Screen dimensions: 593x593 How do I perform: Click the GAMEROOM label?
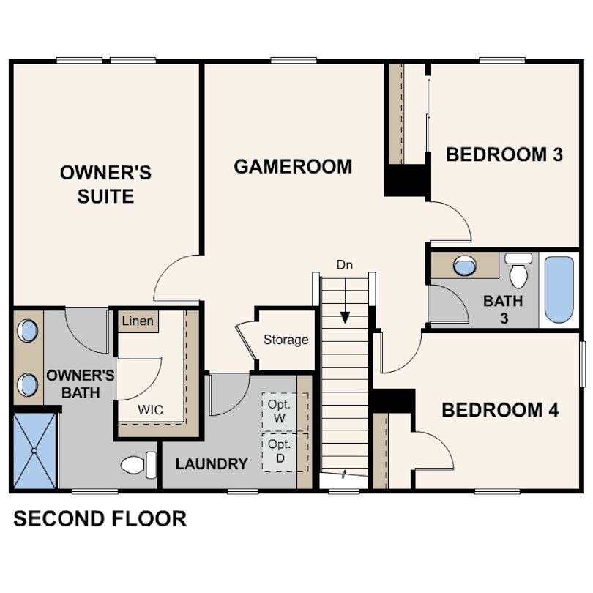click(293, 167)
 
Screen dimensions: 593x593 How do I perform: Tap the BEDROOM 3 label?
click(504, 154)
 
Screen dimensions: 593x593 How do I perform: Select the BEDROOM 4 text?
click(500, 410)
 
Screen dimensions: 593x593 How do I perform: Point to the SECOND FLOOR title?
click(100, 518)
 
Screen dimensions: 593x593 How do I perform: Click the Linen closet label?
click(138, 321)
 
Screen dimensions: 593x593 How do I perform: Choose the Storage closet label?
click(286, 340)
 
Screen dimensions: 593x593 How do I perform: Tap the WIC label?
click(151, 409)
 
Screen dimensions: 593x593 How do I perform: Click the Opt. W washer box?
click(285, 412)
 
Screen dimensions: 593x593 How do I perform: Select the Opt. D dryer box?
click(285, 452)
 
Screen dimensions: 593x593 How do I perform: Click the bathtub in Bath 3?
click(559, 290)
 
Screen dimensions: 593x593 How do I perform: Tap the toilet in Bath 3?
click(518, 270)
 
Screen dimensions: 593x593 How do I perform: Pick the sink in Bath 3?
click(465, 265)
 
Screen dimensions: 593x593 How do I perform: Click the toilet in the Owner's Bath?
click(138, 464)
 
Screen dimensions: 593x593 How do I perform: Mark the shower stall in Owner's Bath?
click(34, 450)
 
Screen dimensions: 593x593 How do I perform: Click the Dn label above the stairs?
click(345, 265)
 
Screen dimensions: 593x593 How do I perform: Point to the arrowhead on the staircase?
click(345, 317)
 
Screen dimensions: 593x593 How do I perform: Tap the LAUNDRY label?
click(212, 464)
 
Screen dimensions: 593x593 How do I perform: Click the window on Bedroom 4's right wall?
click(583, 364)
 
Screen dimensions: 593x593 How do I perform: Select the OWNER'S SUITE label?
click(105, 184)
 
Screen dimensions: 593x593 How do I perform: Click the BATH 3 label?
click(504, 310)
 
